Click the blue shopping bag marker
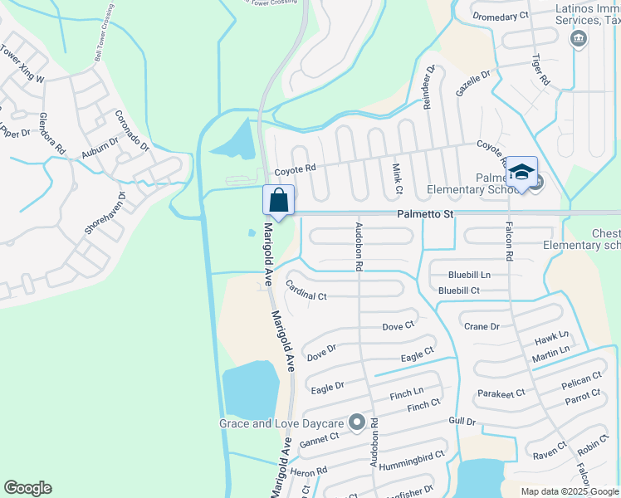coord(278,200)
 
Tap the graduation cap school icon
coord(521,172)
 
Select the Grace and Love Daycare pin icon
coord(357,423)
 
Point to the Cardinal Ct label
coord(306,290)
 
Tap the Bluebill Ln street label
coord(469,274)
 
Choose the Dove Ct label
coord(398,326)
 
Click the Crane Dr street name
coord(482,326)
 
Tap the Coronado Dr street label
coord(131,131)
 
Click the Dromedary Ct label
coord(500,16)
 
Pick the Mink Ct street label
coord(397,178)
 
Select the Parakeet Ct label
coord(501,393)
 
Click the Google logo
coord(28,488)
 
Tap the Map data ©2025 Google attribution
coord(569,491)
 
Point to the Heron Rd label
coord(309,470)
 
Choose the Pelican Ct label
coord(580,378)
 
